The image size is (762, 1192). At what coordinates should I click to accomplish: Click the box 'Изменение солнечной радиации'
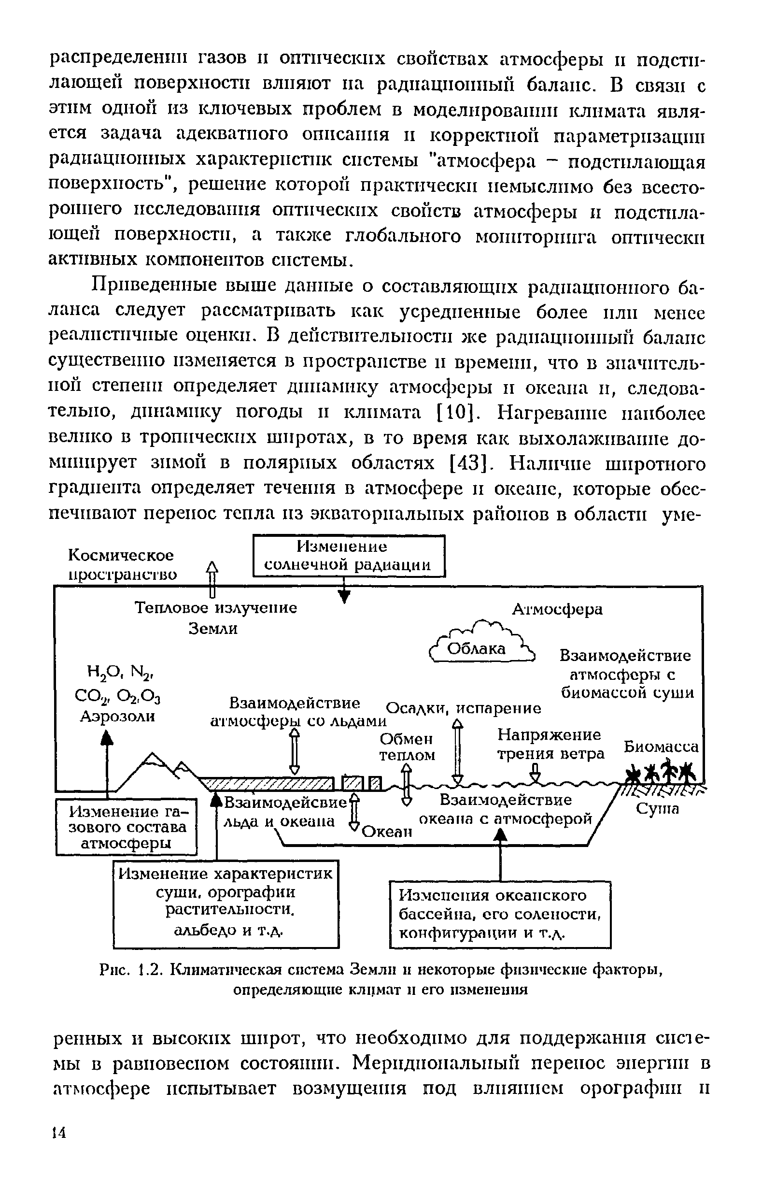pyautogui.click(x=349, y=556)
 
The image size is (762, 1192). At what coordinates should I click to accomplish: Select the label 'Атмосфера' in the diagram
pyautogui.click(x=557, y=609)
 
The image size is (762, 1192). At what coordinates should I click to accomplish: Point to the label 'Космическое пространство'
pyautogui.click(x=122, y=564)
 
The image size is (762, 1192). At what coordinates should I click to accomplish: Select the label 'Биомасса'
pyautogui.click(x=661, y=746)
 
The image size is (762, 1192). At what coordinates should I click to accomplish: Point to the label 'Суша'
pyautogui.click(x=657, y=808)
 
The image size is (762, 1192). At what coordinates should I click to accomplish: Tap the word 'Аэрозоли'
pyautogui.click(x=118, y=716)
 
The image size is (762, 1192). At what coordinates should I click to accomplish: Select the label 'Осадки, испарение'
pyautogui.click(x=463, y=708)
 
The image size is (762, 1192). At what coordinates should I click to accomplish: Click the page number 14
pyautogui.click(x=59, y=1133)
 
